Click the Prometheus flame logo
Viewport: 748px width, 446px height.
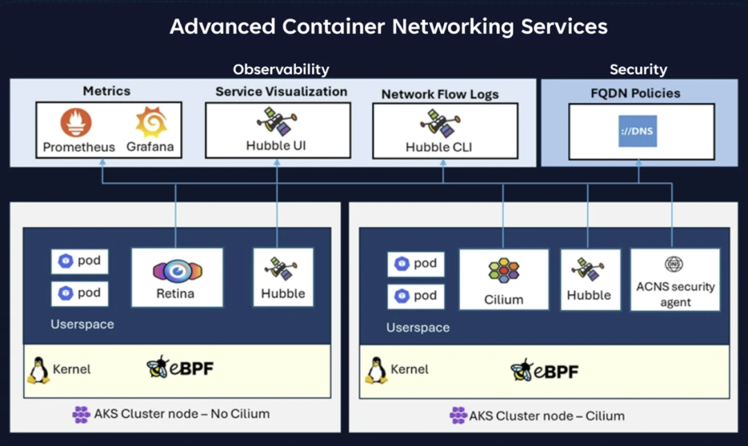tap(76, 123)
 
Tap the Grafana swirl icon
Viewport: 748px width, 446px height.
tap(151, 122)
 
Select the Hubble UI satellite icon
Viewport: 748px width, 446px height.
tap(276, 121)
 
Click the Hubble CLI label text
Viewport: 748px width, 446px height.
tap(439, 147)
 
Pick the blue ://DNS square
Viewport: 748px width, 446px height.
tap(637, 131)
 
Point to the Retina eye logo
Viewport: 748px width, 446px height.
tap(177, 271)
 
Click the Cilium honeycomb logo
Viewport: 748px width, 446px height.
tap(504, 271)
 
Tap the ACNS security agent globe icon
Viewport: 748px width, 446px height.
tap(674, 264)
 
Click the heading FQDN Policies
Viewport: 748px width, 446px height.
tap(635, 93)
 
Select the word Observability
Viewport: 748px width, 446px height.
tap(281, 70)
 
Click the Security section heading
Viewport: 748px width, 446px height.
tap(639, 70)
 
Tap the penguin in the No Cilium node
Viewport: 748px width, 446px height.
tap(39, 370)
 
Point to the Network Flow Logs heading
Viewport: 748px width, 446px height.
tap(440, 94)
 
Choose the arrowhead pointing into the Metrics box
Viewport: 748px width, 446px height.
tap(102, 163)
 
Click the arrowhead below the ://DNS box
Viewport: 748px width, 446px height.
tap(639, 163)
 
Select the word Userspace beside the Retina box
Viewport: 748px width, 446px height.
tap(82, 324)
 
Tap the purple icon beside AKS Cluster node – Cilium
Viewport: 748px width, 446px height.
tap(458, 416)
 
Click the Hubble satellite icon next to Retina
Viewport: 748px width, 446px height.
tap(281, 269)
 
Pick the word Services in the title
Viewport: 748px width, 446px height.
tap(564, 26)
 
